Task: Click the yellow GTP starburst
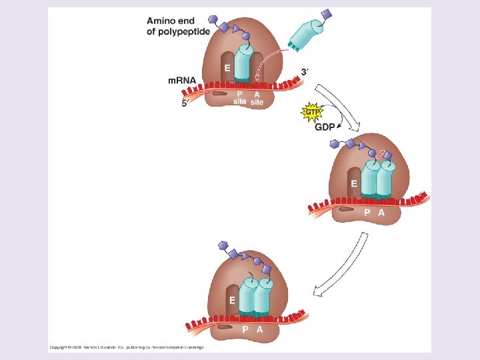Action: [311, 112]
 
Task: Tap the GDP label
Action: [326, 127]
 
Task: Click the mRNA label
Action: [181, 81]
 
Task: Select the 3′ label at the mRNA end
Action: [305, 71]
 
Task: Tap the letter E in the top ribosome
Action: [227, 68]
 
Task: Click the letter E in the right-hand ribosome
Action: [353, 183]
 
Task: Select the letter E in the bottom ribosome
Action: [232, 300]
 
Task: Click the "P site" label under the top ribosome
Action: [239, 98]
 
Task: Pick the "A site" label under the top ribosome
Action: [257, 98]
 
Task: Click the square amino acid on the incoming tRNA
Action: [326, 13]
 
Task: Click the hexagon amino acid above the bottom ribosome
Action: [222, 246]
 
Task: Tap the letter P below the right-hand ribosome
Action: [367, 213]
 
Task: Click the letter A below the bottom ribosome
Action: [259, 329]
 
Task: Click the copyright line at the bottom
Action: [126, 347]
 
